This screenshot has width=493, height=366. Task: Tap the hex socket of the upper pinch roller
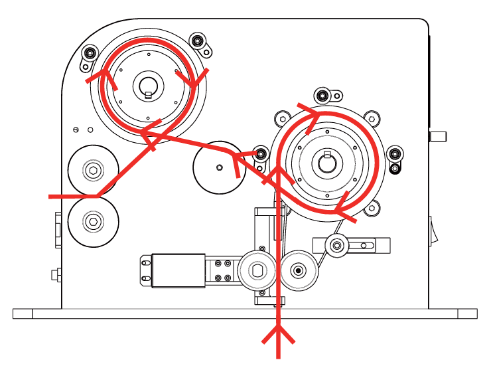[93, 171]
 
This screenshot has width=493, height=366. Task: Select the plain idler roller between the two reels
[218, 166]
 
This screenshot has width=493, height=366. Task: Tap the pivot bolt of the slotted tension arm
[338, 246]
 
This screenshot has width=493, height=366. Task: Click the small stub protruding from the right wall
[437, 136]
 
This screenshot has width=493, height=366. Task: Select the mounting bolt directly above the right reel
[322, 94]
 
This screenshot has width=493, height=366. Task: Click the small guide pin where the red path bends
[261, 154]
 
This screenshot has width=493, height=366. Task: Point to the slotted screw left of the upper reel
[77, 129]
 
